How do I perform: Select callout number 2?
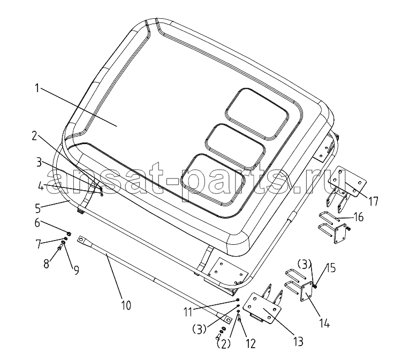click(34, 136)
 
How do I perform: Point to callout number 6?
click(37, 222)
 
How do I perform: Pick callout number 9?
click(76, 270)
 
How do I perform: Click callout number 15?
click(332, 268)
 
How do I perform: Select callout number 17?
click(373, 201)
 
